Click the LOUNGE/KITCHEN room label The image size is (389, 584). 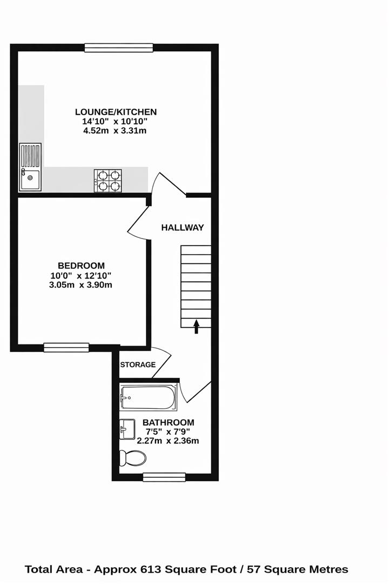pos(116,112)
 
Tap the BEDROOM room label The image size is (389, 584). pos(81,266)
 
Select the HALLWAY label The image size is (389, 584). pos(183,228)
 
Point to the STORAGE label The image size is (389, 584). pos(138,365)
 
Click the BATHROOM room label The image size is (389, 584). pos(168,422)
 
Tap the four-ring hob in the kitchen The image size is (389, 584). pos(108,181)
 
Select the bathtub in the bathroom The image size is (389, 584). pos(146,398)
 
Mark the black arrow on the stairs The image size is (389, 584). pos(196,326)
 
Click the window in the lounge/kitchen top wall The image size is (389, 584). pos(119,48)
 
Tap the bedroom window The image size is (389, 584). pos(66,347)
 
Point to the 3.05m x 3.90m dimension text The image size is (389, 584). pos(81,284)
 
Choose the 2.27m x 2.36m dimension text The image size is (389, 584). pos(168,441)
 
